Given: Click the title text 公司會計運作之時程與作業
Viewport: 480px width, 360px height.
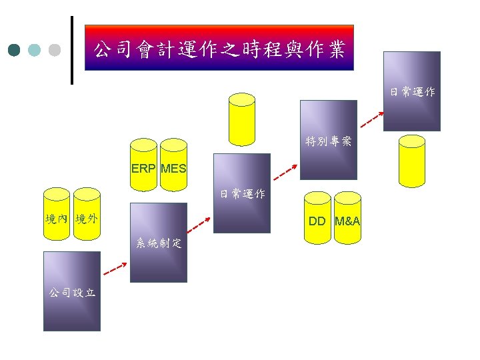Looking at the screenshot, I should point(219,49).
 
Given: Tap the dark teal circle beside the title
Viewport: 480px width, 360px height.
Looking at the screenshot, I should point(15,50).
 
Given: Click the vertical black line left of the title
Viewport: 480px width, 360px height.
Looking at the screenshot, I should point(72,50).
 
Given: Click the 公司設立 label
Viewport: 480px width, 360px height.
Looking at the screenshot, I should point(71,292).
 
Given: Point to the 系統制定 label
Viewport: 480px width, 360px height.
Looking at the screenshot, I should point(159,243).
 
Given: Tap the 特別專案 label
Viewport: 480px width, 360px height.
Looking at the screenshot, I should point(328,141).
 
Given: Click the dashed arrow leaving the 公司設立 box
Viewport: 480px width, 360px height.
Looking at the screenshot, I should point(116,268).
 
